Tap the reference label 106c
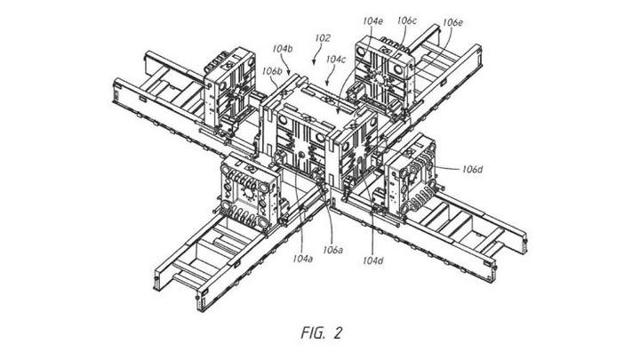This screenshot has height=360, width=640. pyautogui.click(x=408, y=19)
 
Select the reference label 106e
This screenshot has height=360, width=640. pyautogui.click(x=453, y=21)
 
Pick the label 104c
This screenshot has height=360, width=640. pyautogui.click(x=336, y=60)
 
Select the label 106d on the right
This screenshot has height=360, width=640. pyautogui.click(x=473, y=168)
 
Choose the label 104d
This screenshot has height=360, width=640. pyautogui.click(x=373, y=261)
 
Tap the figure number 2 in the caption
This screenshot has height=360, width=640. pyautogui.click(x=336, y=334)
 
